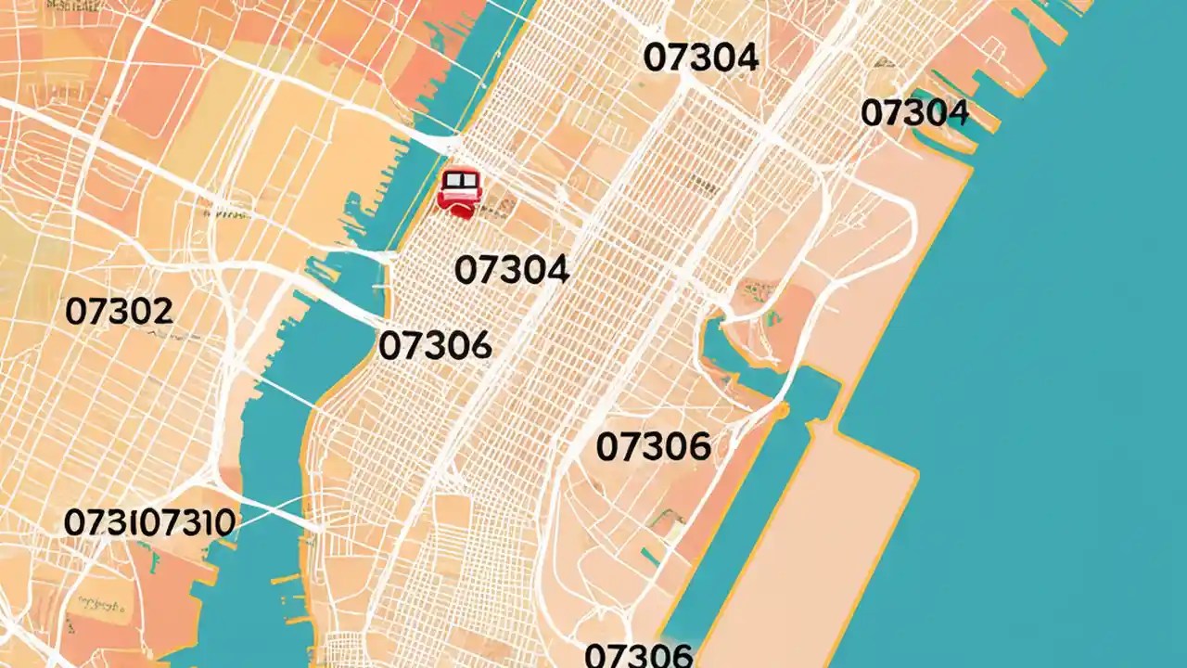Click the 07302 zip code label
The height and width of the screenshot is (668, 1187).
119,312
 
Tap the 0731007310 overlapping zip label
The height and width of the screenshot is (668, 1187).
149,522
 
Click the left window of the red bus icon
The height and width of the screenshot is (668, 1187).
453,180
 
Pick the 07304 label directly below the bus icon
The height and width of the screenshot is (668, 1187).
512,270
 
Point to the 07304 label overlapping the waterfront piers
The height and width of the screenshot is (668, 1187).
914,113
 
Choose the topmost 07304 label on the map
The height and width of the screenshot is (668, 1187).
700,58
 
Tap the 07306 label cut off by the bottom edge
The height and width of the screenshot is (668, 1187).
639,655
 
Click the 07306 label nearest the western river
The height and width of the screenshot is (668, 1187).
435,346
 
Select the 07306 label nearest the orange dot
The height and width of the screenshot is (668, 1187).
653,447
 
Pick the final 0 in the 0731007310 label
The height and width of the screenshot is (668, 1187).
223,522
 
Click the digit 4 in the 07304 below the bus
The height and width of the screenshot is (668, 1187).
555,270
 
